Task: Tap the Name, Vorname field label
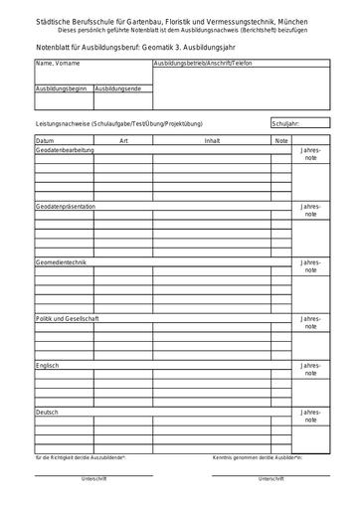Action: pos(56,64)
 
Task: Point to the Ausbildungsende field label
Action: pos(118,88)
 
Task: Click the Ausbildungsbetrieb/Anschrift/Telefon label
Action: pos(202,64)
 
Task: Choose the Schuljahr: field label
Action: pos(285,124)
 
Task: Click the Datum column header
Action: pos(46,141)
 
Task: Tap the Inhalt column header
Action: pos(212,141)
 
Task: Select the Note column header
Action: pos(281,141)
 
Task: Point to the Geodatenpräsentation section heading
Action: pos(66,206)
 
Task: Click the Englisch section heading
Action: pos(47,366)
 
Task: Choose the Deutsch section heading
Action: pos(47,412)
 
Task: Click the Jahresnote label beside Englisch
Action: pos(310,371)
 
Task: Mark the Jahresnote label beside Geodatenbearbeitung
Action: pos(310,155)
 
